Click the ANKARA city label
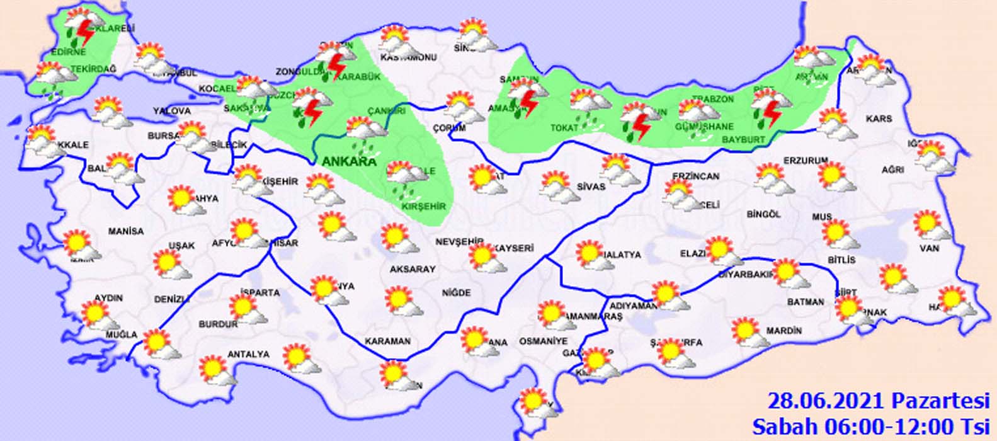click(x=349, y=162)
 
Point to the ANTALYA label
click(x=248, y=355)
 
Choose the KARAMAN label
click(x=388, y=341)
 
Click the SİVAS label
click(x=590, y=186)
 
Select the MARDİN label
click(x=784, y=331)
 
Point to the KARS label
click(x=879, y=118)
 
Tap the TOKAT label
click(x=564, y=128)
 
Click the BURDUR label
click(x=218, y=324)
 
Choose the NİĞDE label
click(x=456, y=293)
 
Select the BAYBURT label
click(x=743, y=139)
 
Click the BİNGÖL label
click(x=763, y=214)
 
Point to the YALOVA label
click(x=171, y=111)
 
